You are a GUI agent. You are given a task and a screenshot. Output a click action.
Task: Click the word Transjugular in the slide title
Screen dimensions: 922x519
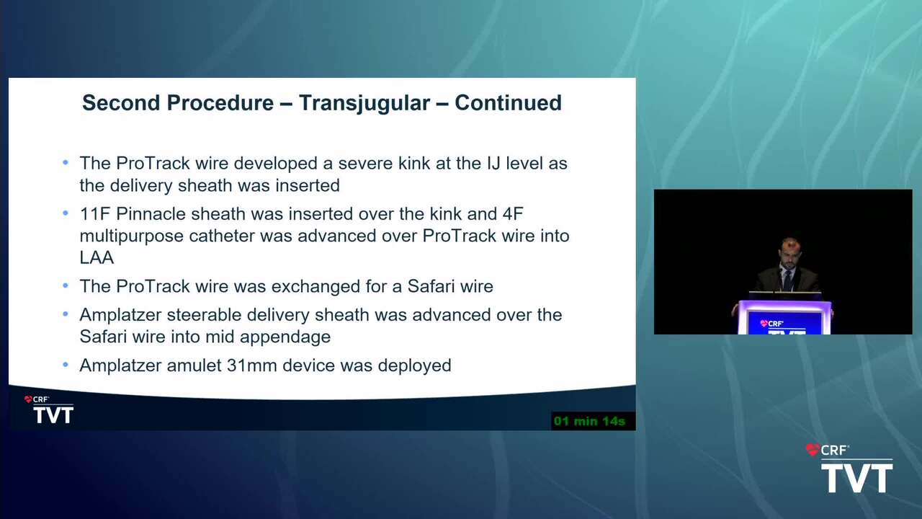364,103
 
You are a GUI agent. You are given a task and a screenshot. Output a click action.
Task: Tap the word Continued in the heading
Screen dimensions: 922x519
508,102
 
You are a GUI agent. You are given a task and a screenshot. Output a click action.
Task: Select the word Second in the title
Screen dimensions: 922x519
121,102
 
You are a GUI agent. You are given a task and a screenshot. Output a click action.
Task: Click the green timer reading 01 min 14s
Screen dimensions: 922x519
589,421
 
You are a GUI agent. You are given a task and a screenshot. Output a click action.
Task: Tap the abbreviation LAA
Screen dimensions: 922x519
97,258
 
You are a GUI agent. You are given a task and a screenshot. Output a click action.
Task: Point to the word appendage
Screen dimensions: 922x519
285,337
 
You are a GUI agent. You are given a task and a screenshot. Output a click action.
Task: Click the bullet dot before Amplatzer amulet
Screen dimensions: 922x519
66,365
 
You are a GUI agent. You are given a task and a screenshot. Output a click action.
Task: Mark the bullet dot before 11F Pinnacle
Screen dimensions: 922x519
66,213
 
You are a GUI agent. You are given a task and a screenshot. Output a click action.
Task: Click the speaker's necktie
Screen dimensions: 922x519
787,280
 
